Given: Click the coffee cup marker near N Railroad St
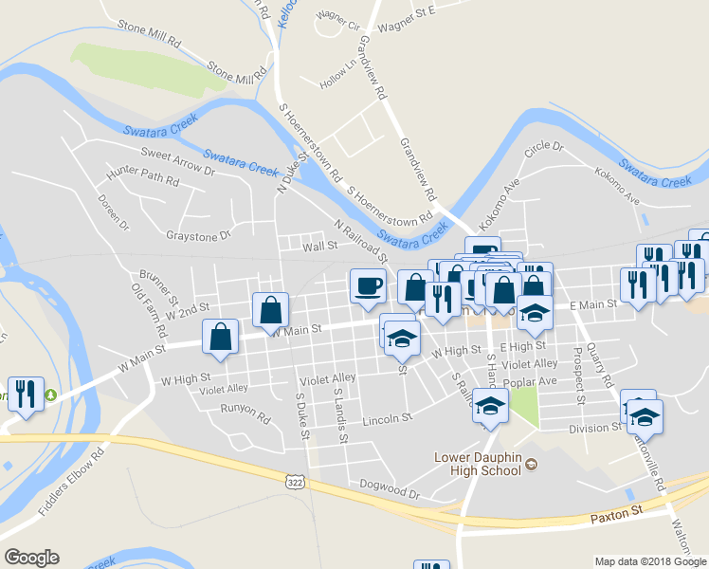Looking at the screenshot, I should tap(369, 285).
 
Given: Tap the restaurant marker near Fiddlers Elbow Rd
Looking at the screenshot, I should tap(25, 394).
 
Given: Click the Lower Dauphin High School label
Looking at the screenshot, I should tap(478, 464).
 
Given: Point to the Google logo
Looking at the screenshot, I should tap(31, 558).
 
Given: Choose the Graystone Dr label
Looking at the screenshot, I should tap(198, 235).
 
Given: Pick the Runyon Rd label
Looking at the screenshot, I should tap(245, 410).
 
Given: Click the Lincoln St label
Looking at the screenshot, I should tap(388, 417).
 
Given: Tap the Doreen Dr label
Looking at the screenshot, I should tap(112, 211).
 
